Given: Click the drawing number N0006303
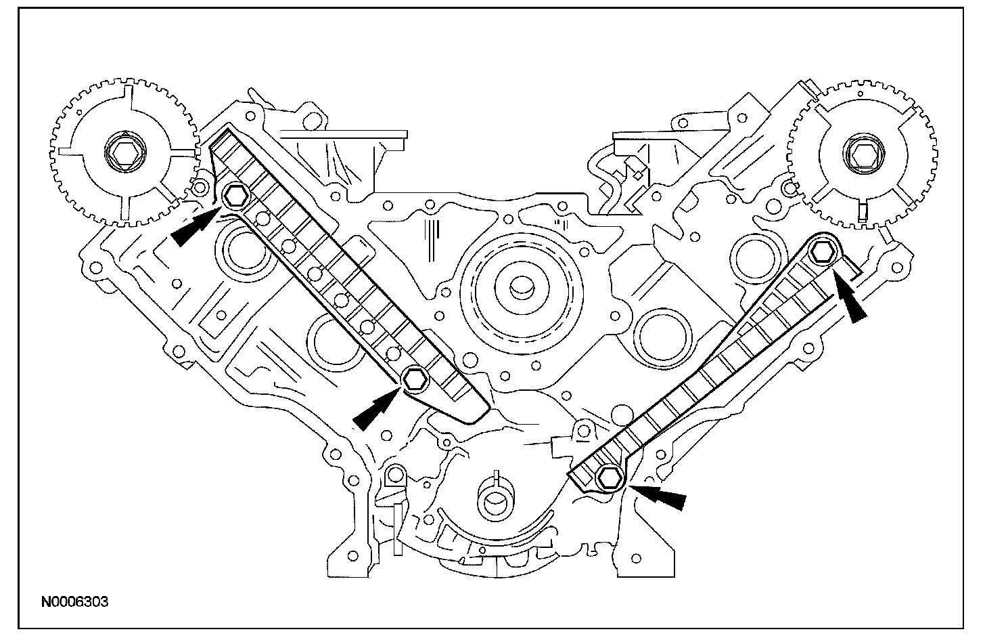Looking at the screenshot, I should [76, 601].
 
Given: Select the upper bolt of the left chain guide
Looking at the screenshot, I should [236, 196].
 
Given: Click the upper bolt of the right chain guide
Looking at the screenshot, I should [822, 251].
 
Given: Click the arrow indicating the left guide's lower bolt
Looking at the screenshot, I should [372, 412].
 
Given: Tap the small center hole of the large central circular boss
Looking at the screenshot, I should [520, 286].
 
